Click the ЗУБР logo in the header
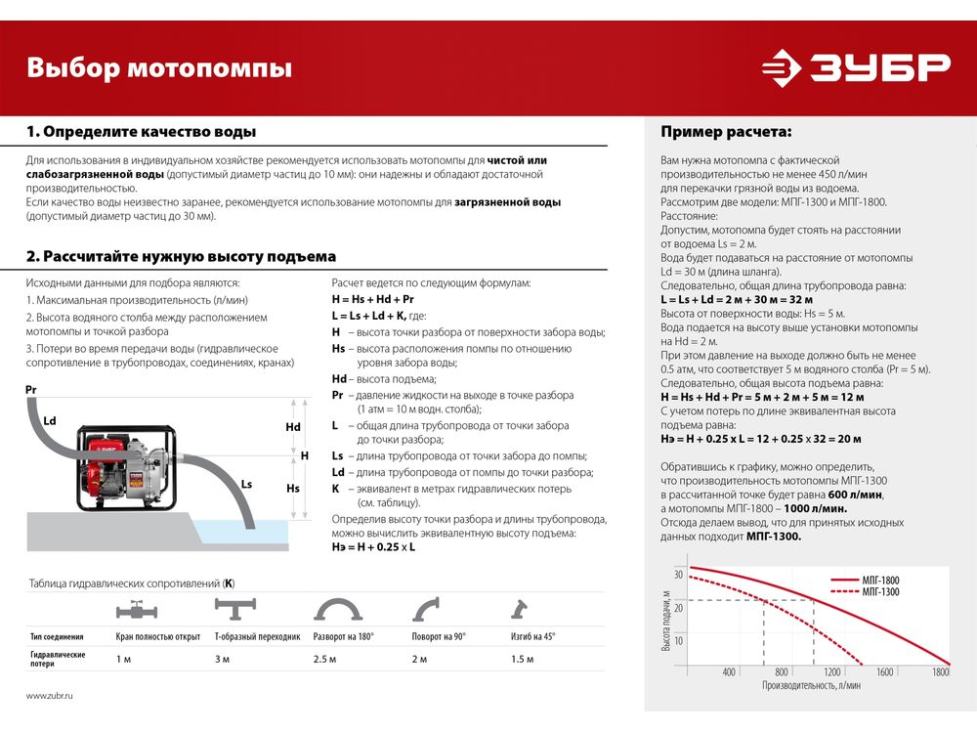click(x=856, y=67)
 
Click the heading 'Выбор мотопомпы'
click(x=158, y=68)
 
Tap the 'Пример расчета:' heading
click(x=726, y=132)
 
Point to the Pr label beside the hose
click(x=31, y=389)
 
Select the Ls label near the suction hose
click(x=246, y=484)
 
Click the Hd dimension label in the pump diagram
click(x=293, y=427)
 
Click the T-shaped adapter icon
click(x=236, y=610)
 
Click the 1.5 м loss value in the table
click(x=523, y=659)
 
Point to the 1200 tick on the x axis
click(x=832, y=672)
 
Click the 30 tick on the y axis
click(x=679, y=573)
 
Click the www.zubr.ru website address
click(x=50, y=695)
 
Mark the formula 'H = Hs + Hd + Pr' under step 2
click(x=373, y=299)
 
